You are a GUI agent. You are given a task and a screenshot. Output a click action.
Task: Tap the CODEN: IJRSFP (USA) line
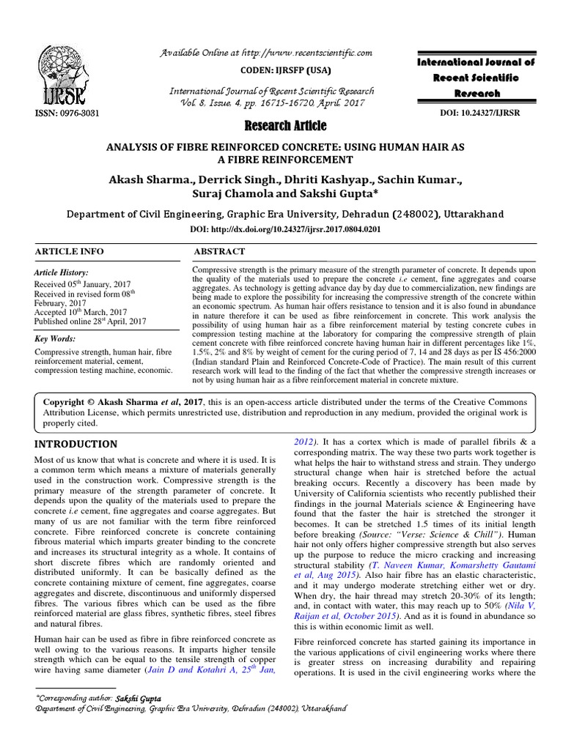[x=272, y=70]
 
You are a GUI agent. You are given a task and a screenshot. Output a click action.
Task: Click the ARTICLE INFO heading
[x=70, y=251]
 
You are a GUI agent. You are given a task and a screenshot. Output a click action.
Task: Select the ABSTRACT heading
[x=218, y=251]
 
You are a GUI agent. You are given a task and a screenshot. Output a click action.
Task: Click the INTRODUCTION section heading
[x=77, y=444]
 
